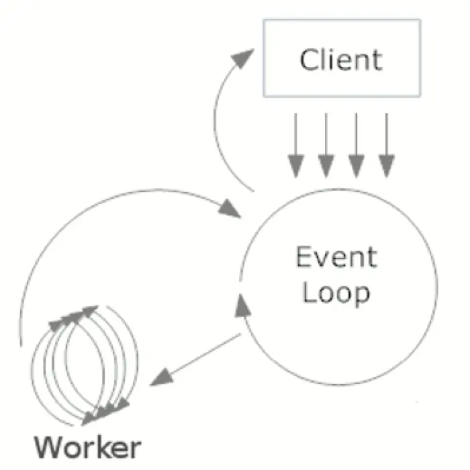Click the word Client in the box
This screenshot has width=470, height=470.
coord(341,60)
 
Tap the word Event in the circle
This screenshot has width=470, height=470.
coord(336,256)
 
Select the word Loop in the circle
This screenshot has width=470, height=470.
coord(336,294)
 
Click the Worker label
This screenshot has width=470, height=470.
coord(87,448)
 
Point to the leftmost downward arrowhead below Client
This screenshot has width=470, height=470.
coord(296,166)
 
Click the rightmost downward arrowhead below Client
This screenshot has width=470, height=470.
coord(387,166)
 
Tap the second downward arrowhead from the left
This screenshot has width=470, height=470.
coord(326,166)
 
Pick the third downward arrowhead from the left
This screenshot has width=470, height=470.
coord(357,166)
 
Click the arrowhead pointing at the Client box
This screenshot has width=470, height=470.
coord(242,58)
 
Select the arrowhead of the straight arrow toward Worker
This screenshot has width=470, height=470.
coord(162,377)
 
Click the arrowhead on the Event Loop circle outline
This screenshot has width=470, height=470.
coord(242,305)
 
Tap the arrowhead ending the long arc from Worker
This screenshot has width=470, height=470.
coord(230,208)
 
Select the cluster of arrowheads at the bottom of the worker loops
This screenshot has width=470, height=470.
coord(105,411)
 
